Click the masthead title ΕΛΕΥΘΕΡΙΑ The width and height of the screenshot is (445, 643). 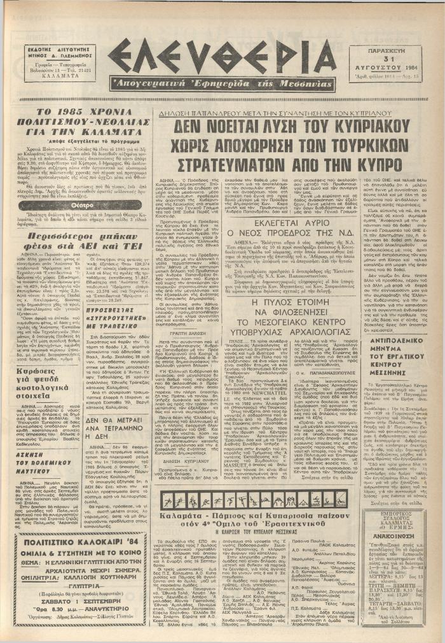(222, 56)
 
